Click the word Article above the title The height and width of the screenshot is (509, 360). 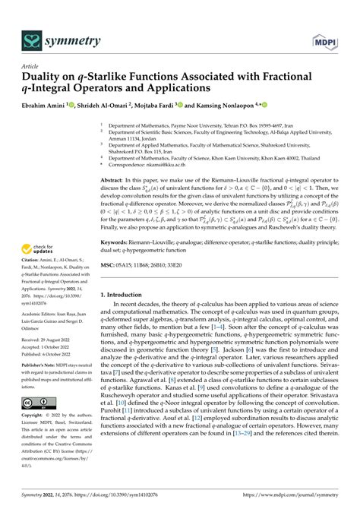tap(30, 66)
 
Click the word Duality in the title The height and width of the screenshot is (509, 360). tap(45, 78)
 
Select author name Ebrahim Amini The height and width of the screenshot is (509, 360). tap(46, 106)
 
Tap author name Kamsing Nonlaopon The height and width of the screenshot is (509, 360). tap(227, 106)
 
